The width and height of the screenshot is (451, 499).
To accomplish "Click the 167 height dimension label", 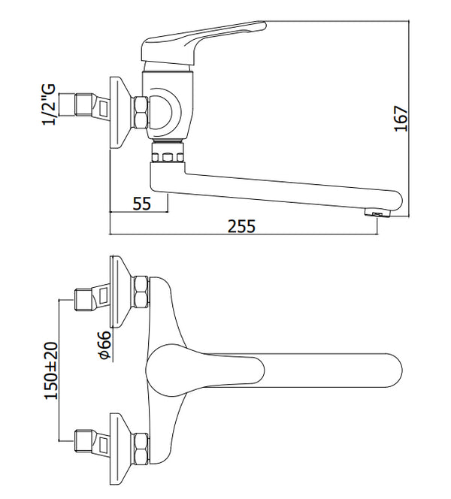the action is click(401, 119).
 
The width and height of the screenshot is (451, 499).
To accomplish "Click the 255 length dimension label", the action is click(241, 226).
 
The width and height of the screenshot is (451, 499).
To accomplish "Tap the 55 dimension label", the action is click(141, 204).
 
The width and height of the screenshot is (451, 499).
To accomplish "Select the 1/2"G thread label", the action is click(49, 104).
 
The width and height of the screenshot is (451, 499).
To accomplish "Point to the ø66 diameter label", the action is click(105, 345).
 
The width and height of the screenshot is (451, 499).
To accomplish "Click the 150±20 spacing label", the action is click(51, 370).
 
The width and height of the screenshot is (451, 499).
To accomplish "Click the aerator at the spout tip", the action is click(377, 212).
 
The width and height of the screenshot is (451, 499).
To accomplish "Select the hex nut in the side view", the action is click(141, 113).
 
